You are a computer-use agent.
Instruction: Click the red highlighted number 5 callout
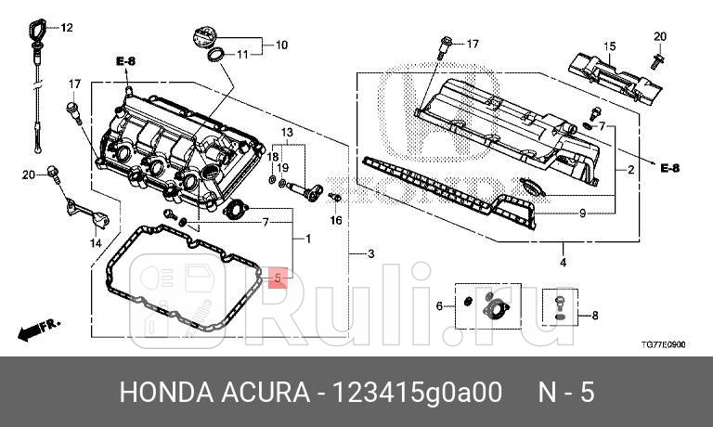tap(277, 277)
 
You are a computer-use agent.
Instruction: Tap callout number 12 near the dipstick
tap(67, 28)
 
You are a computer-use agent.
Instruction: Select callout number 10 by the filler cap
tap(281, 44)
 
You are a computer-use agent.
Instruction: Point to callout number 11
tap(242, 55)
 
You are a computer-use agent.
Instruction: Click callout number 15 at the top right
tap(610, 46)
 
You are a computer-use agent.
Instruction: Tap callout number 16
tap(336, 220)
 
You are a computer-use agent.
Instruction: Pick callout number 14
tap(95, 242)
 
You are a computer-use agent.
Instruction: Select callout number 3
tap(370, 253)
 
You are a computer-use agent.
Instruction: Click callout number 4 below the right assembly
tap(562, 263)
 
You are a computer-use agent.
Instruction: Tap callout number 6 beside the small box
tap(440, 305)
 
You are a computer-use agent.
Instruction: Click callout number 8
tap(594, 317)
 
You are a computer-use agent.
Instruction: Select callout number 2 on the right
tap(630, 170)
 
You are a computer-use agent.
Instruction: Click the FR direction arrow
tap(38, 328)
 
